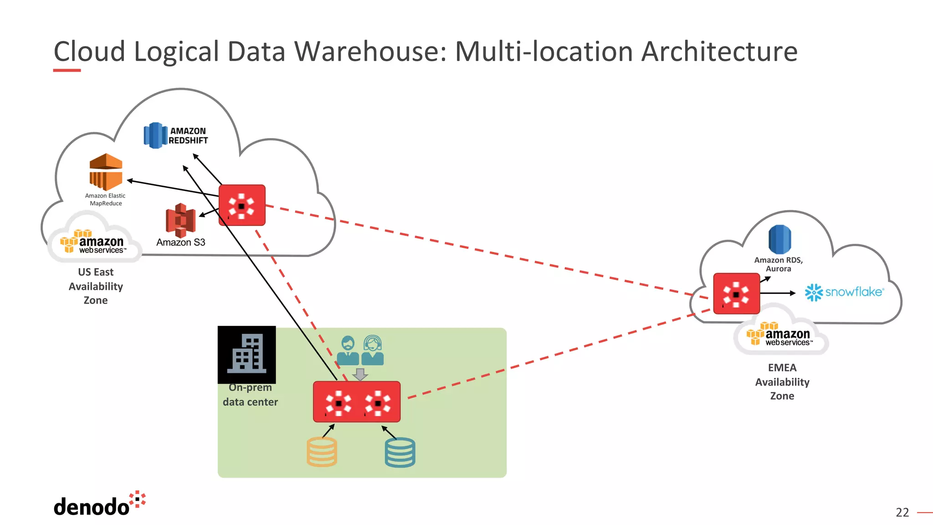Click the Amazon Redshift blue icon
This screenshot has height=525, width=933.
(x=155, y=135)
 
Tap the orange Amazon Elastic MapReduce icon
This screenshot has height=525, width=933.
(x=106, y=172)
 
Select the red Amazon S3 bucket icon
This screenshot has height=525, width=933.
(x=180, y=221)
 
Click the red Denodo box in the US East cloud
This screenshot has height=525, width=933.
(x=242, y=205)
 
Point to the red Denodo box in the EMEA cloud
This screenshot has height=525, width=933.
(x=736, y=293)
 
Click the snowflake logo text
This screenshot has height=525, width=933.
(x=854, y=292)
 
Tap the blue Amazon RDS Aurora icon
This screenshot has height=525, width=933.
(x=779, y=239)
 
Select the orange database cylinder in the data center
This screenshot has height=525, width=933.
(x=322, y=452)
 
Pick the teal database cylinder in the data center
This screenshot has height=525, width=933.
(x=400, y=453)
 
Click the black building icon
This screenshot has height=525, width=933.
(x=246, y=355)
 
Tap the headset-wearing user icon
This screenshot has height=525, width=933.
(x=373, y=350)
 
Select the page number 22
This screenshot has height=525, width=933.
(x=902, y=513)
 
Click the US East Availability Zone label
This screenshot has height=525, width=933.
(x=96, y=286)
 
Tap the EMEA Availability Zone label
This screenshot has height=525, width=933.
(x=782, y=382)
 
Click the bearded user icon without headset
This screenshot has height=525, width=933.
(x=348, y=350)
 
